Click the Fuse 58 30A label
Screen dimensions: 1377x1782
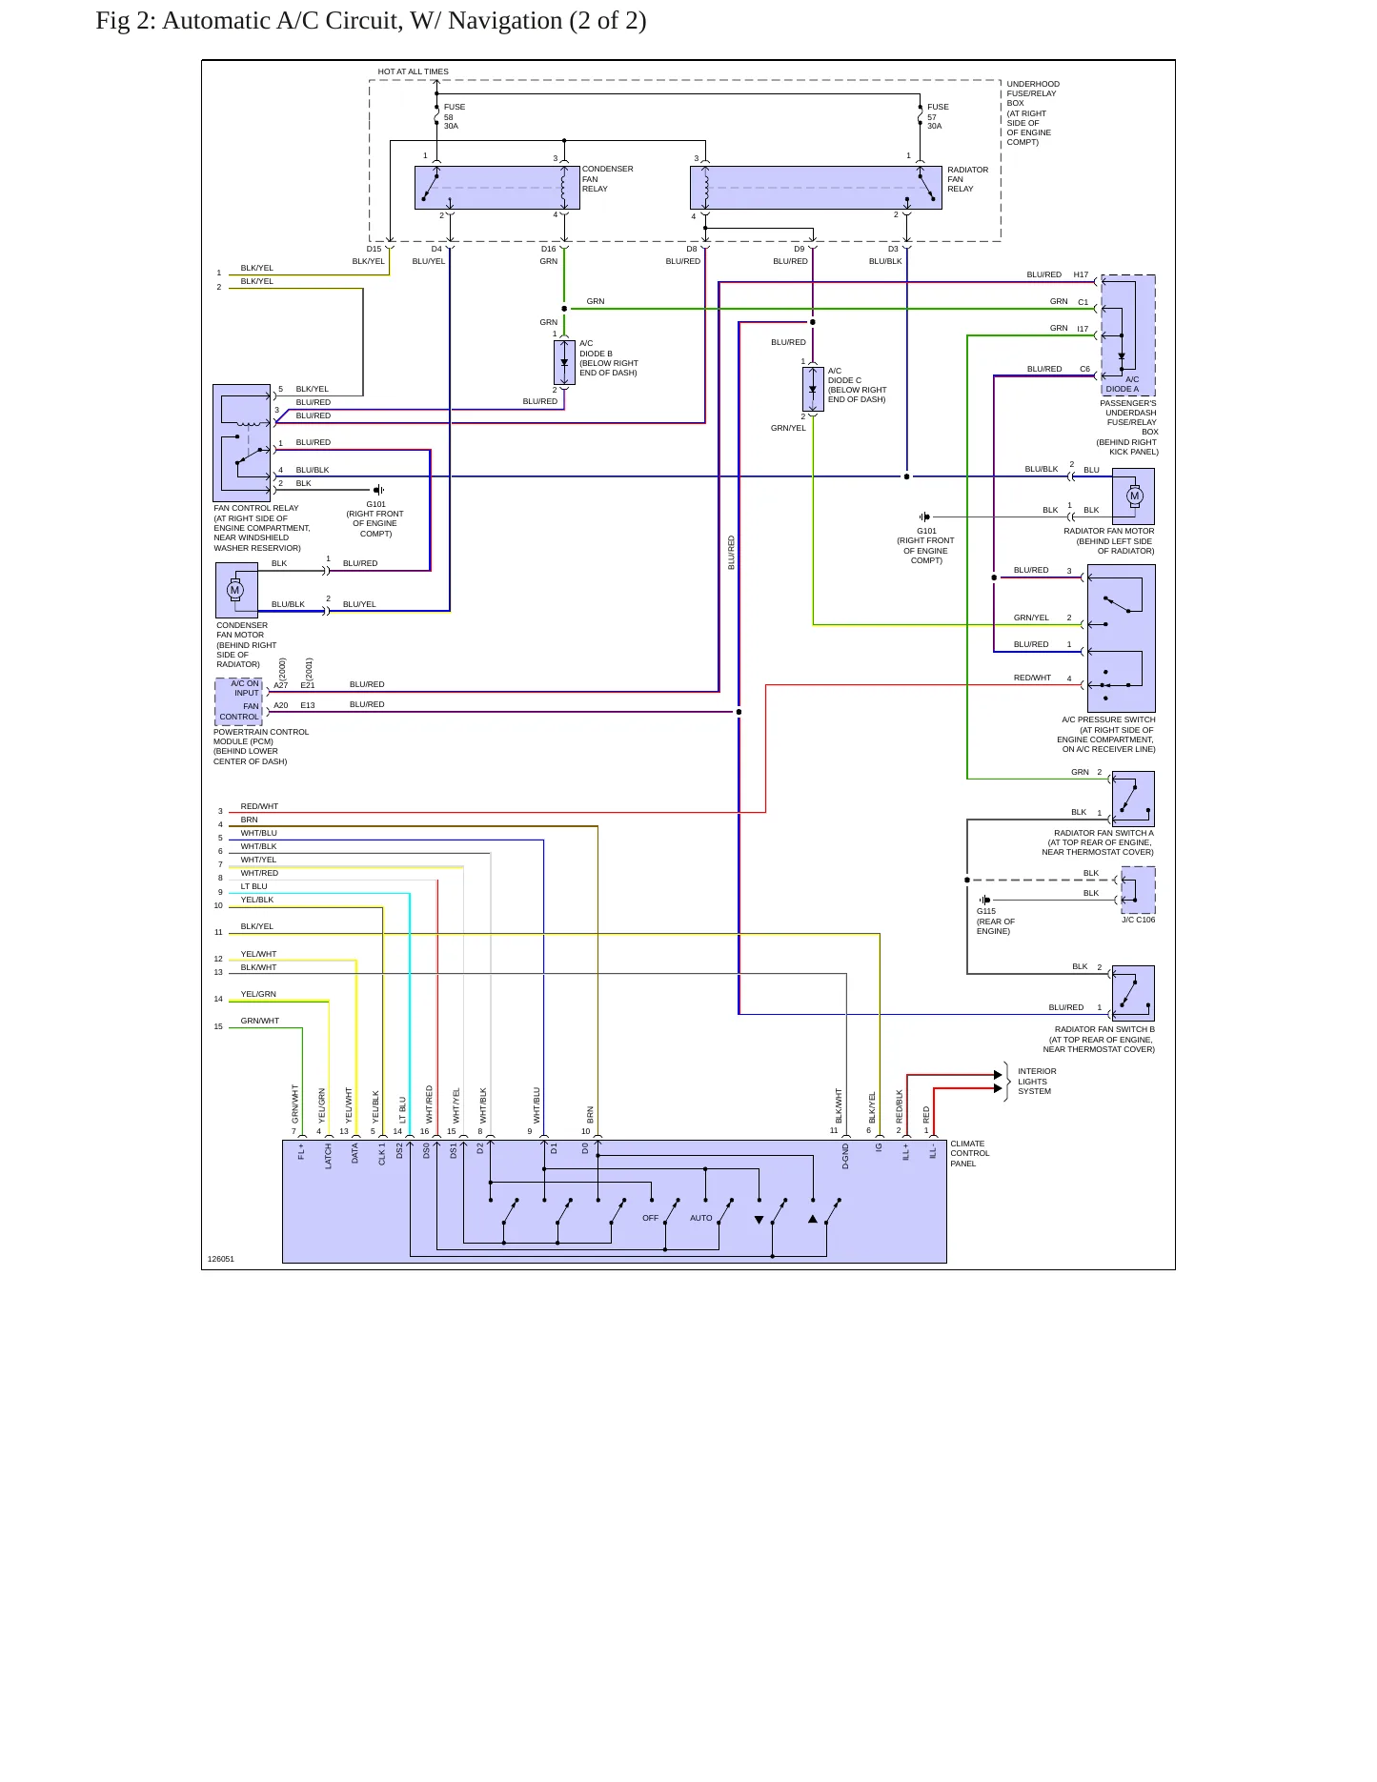click(454, 116)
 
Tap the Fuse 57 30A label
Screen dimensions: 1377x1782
click(938, 116)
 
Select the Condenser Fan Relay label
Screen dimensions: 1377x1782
click(607, 179)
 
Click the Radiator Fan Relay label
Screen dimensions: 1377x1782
click(967, 179)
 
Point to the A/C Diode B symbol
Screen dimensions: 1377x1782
click(564, 362)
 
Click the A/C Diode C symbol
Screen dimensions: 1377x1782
click(813, 389)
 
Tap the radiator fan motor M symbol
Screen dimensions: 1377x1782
click(1134, 496)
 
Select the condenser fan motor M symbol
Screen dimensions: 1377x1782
click(234, 590)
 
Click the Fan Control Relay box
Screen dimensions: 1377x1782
click(242, 443)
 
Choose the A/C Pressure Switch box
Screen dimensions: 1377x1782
click(1122, 638)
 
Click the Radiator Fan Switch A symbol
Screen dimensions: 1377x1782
click(1133, 799)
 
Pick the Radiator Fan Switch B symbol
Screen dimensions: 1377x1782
click(1133, 993)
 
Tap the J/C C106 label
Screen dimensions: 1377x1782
click(1138, 920)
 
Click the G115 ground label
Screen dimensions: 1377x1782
click(986, 911)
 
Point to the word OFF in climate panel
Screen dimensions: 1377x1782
click(651, 1218)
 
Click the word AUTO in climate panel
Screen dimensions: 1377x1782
click(701, 1218)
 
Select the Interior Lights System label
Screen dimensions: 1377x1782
click(1037, 1081)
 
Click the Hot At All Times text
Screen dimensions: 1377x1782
click(413, 71)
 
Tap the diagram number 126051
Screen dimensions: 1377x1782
click(221, 1259)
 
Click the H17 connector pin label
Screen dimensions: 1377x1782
click(1081, 274)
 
